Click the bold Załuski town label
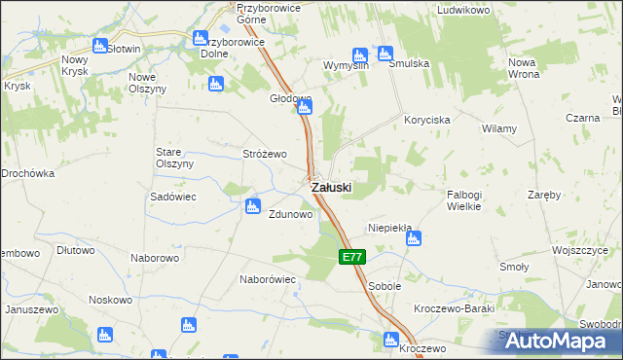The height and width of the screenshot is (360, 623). pos(331,186)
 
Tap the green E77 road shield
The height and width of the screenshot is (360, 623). pos(352,258)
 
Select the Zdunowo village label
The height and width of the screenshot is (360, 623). pos(290,215)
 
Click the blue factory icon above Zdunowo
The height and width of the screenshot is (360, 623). pos(253,205)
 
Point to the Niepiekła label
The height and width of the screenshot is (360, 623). pos(389,228)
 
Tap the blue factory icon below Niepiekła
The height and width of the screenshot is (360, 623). pos(413,238)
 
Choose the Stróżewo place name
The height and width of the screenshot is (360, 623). pos(264,155)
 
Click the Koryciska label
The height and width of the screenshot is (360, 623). pos(426,120)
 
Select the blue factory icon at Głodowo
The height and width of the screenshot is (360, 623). pos(305,108)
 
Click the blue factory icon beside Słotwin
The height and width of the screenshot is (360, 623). pos(99,46)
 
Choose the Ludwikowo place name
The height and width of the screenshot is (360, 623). pos(462,10)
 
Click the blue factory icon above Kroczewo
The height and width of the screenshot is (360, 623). pos(391,340)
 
